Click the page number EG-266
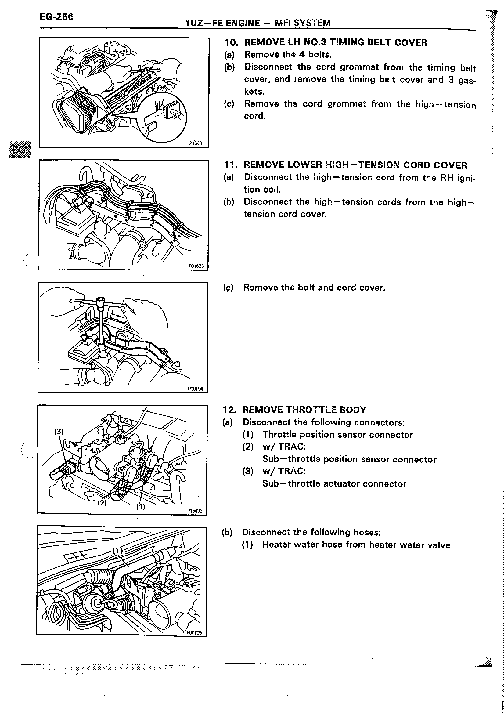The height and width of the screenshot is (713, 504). click(56, 16)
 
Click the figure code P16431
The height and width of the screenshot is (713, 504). click(196, 143)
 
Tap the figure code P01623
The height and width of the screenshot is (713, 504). click(196, 266)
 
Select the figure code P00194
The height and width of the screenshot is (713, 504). click(196, 389)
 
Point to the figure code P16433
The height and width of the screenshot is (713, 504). click(195, 511)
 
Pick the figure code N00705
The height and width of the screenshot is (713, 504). click(194, 632)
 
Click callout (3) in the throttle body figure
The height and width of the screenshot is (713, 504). click(59, 431)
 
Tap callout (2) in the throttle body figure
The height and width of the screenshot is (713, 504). click(102, 502)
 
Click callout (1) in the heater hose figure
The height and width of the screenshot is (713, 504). click(118, 551)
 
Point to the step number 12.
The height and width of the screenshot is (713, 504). click(230, 410)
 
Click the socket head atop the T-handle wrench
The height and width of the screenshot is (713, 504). click(101, 301)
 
